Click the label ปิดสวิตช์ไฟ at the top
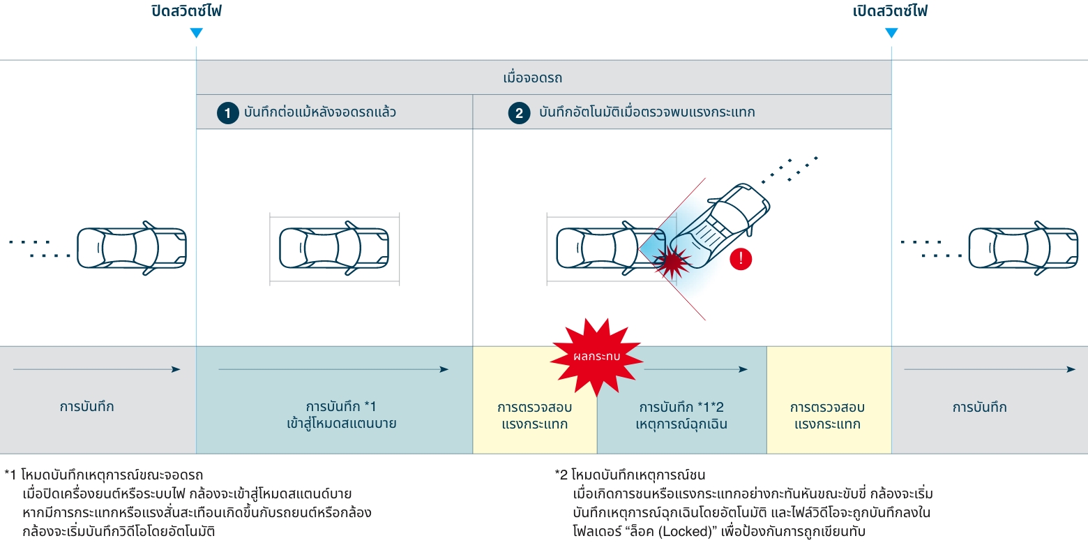(x=186, y=12)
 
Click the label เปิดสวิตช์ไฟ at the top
(x=891, y=12)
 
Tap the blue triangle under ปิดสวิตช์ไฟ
(x=197, y=33)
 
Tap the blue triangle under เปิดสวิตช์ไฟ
(x=891, y=33)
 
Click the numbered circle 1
(x=227, y=113)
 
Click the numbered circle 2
(x=518, y=113)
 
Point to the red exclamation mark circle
(x=741, y=259)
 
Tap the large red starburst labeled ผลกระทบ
(x=596, y=356)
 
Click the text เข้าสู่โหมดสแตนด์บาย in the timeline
(x=342, y=423)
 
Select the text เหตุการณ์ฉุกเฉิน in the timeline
(x=681, y=424)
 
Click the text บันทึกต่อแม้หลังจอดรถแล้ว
(x=320, y=112)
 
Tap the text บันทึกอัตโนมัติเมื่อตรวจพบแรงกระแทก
(x=647, y=112)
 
